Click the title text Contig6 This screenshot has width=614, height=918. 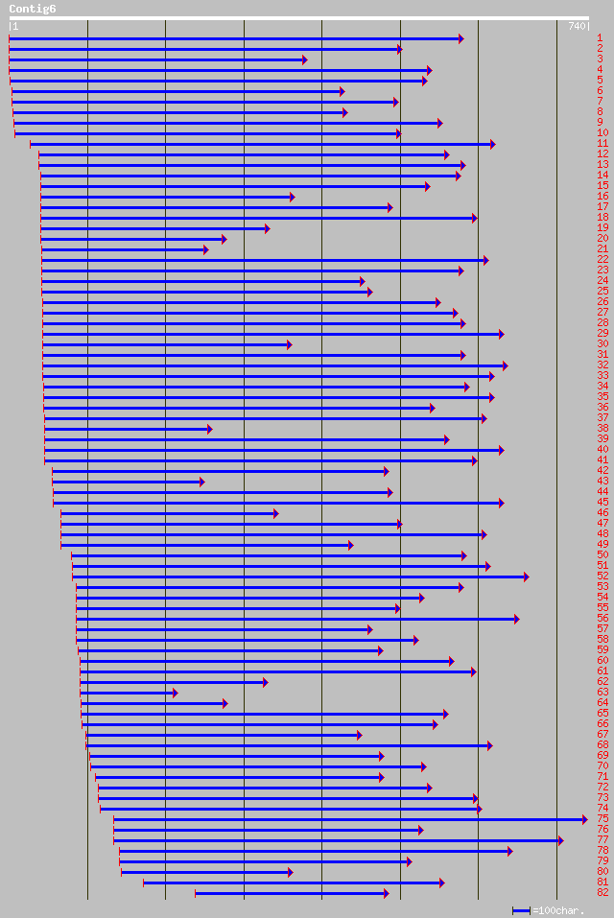pyautogui.click(x=32, y=9)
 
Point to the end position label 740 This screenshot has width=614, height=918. pyautogui.click(x=577, y=26)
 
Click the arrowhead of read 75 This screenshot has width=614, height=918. pyautogui.click(x=584, y=819)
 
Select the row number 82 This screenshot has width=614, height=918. pyautogui.click(x=602, y=892)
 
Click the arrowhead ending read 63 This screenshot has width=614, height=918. pyautogui.click(x=174, y=693)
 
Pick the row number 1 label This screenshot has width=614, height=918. pyautogui.click(x=600, y=37)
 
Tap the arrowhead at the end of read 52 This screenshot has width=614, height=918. pyautogui.click(x=526, y=577)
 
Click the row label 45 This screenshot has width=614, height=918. pyautogui.click(x=602, y=502)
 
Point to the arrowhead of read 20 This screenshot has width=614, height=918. pyautogui.click(x=224, y=239)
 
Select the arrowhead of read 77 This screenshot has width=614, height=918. pyautogui.click(x=560, y=840)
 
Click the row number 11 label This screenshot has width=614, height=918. pyautogui.click(x=602, y=143)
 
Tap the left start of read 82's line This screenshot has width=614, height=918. pyautogui.click(x=196, y=893)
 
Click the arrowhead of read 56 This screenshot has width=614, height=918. pyautogui.click(x=516, y=619)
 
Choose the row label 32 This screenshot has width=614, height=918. pyautogui.click(x=602, y=365)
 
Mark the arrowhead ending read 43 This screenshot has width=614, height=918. pyautogui.click(x=201, y=482)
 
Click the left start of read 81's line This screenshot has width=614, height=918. pyautogui.click(x=144, y=883)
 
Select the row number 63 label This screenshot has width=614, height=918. pyautogui.click(x=602, y=692)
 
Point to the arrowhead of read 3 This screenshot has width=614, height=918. pyautogui.click(x=304, y=59)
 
